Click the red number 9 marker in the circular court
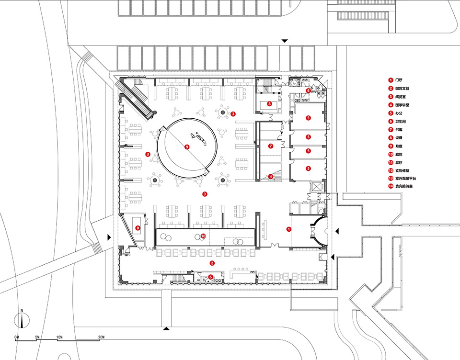coord(187,147)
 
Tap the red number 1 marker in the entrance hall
coord(288,229)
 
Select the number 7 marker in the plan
coord(270,146)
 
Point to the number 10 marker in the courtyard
coord(203,236)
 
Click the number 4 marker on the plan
coord(271,176)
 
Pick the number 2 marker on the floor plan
coord(211,263)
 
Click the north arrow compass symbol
coord(22,320)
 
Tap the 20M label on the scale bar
coord(101,337)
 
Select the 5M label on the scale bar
coord(38,337)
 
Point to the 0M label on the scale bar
coord(17,337)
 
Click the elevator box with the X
coord(317,187)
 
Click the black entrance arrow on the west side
coord(110,237)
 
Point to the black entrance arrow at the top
coord(285,41)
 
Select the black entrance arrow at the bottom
coord(166,328)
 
